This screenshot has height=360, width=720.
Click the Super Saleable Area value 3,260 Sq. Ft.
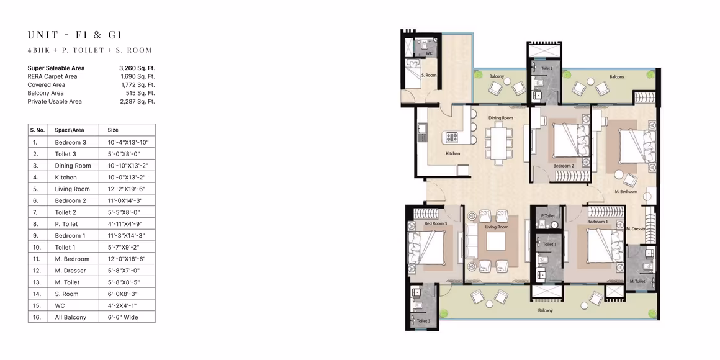click(137, 68)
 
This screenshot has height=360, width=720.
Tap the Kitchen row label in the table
click(66, 178)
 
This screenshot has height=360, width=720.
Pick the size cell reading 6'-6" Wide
click(123, 317)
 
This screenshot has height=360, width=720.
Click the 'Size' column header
click(113, 130)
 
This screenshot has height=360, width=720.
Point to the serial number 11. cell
click(35, 259)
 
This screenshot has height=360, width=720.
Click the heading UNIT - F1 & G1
click(75, 34)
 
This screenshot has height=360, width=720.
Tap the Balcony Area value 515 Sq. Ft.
click(140, 92)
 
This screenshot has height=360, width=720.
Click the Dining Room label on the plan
click(500, 118)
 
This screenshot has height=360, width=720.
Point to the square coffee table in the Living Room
click(496, 241)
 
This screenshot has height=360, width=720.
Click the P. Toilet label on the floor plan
click(548, 215)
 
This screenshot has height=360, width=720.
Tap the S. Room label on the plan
click(429, 75)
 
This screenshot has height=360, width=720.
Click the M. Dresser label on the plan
click(636, 228)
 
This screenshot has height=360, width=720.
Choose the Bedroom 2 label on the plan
click(564, 166)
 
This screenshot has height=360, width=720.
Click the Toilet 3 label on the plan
click(424, 320)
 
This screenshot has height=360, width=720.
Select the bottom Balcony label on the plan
click(546, 311)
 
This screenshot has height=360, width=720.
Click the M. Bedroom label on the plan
click(626, 191)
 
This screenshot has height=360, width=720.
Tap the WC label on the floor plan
click(430, 53)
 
